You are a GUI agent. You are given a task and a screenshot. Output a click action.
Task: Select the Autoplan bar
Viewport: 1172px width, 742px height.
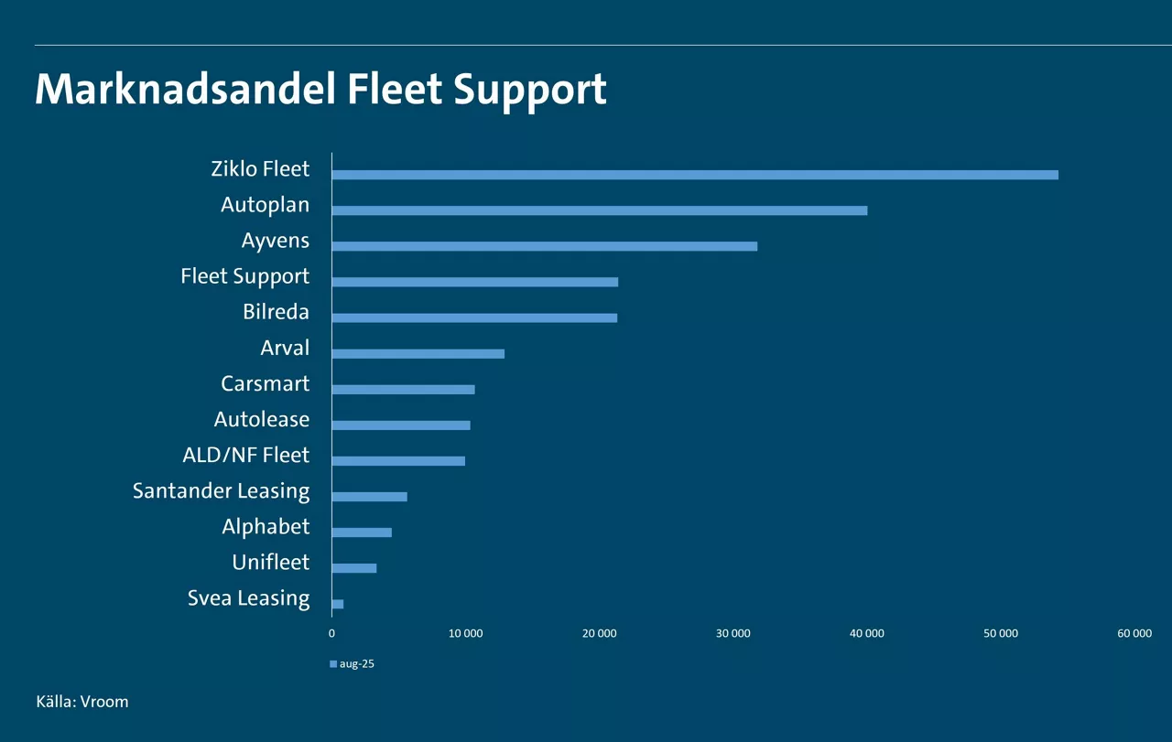click(599, 210)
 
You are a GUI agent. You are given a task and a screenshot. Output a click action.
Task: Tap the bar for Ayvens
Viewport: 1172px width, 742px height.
click(544, 246)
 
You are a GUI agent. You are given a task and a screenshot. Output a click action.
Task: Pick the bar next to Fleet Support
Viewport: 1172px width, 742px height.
click(474, 282)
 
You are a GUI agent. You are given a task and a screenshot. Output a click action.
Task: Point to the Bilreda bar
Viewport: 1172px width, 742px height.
click(474, 317)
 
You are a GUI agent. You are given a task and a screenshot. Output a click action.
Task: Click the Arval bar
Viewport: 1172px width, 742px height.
click(418, 353)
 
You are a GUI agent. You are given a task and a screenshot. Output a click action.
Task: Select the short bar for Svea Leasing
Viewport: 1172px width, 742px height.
click(338, 604)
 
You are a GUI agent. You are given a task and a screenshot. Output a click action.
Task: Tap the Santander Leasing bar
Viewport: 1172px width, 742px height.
click(369, 497)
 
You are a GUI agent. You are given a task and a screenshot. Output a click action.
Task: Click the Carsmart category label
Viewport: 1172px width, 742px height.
click(265, 383)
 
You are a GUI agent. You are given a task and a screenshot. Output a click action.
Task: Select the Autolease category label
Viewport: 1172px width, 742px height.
click(262, 419)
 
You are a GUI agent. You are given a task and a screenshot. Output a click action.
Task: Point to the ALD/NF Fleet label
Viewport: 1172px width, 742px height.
click(245, 455)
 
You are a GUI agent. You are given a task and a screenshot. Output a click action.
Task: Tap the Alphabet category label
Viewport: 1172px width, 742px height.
click(266, 526)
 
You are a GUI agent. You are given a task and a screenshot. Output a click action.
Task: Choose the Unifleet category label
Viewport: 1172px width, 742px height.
click(270, 562)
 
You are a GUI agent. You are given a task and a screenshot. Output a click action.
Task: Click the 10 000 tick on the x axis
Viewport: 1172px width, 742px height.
click(465, 633)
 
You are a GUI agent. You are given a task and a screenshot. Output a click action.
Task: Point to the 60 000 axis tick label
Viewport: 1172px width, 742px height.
click(1134, 633)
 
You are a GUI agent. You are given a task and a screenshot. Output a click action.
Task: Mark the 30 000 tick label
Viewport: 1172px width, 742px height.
click(733, 633)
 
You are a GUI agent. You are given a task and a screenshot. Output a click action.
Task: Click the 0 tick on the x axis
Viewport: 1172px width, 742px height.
click(331, 633)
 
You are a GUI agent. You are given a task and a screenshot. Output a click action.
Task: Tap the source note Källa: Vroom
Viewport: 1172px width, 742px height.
click(82, 702)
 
